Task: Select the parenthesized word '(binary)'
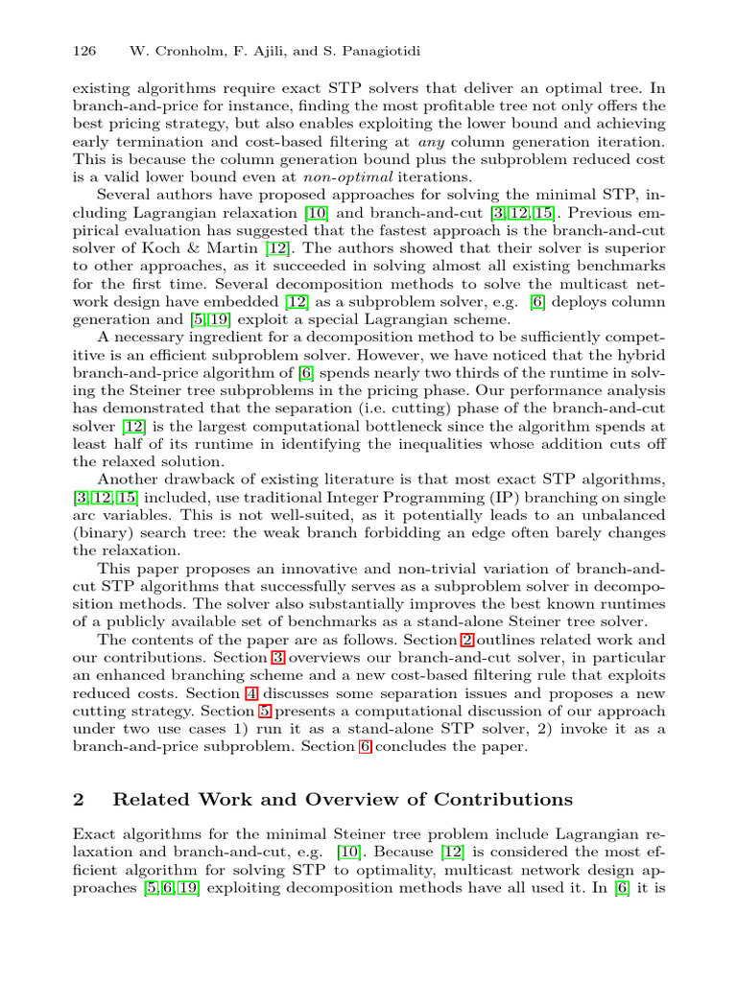click(104, 534)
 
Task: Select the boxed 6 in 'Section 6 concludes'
click(365, 746)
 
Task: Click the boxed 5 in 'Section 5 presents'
click(264, 711)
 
